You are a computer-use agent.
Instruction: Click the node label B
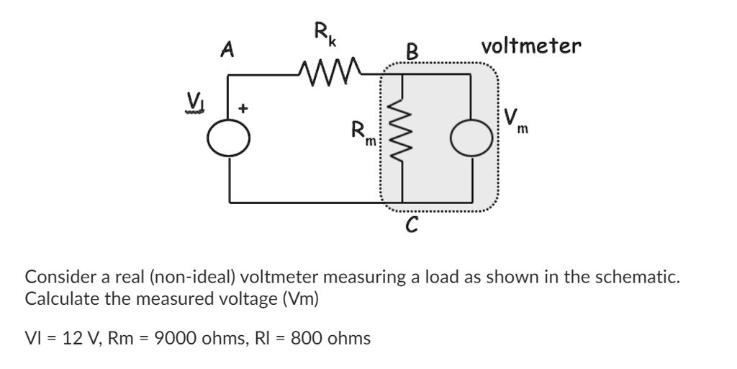[412, 52]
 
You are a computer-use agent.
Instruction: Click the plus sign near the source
[244, 109]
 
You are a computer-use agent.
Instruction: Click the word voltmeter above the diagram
[531, 47]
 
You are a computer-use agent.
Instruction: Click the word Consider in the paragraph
[57, 276]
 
